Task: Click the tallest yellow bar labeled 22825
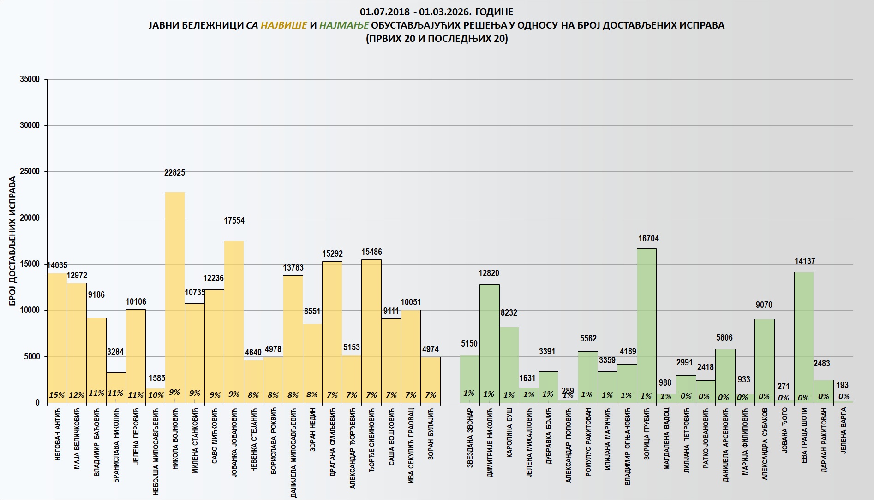coord(175,295)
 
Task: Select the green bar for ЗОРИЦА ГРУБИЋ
coord(647,323)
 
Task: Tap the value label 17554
coord(234,221)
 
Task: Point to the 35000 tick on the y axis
coord(30,79)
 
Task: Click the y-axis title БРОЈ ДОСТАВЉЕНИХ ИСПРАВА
coord(12,241)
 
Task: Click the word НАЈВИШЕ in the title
coord(284,25)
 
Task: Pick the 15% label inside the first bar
coord(57,395)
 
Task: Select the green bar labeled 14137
coord(804,336)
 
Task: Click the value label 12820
coord(489,273)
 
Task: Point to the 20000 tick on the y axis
coord(30,218)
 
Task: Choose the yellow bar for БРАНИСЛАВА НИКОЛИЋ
coord(116,382)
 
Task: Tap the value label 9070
coord(764,305)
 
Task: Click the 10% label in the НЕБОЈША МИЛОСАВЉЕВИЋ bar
coord(156,395)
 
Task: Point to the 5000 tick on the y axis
coord(32,357)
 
